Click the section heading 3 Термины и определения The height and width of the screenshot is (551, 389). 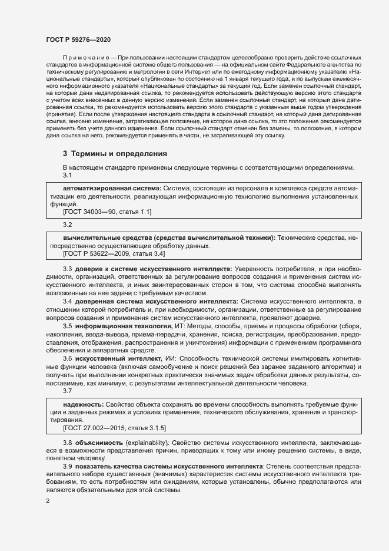point(115,154)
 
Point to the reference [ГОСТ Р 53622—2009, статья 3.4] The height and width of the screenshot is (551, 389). point(114,253)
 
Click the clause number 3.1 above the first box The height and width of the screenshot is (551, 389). point(67,175)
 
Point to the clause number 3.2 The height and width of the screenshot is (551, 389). point(67,225)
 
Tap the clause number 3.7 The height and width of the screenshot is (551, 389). point(67,391)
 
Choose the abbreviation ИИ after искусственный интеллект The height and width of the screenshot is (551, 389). point(170,359)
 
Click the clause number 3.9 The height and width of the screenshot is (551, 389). point(67,466)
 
